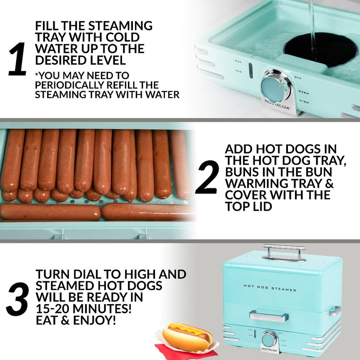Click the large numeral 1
point(17,60)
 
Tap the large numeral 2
point(207,177)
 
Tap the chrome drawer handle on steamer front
point(269,315)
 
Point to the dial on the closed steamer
point(269,339)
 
